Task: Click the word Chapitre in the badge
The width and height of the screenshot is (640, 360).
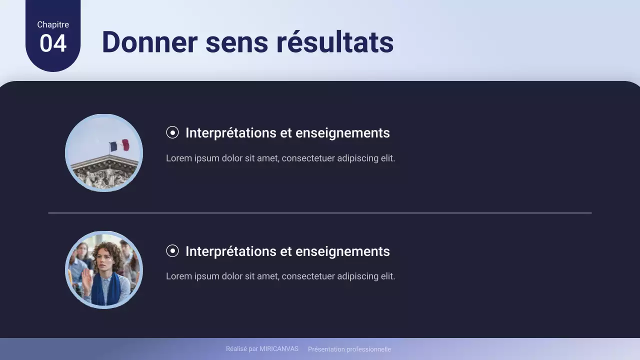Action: click(x=53, y=24)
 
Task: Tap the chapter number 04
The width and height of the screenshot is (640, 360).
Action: click(x=53, y=43)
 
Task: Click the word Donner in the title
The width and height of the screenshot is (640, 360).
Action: click(x=149, y=42)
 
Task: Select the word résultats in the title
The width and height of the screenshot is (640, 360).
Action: click(x=335, y=42)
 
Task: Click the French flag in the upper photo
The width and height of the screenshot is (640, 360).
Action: click(x=119, y=145)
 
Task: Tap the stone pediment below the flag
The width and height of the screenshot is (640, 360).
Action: click(x=104, y=173)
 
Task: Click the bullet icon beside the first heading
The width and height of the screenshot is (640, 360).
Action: click(x=172, y=132)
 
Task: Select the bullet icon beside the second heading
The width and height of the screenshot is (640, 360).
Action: click(x=172, y=251)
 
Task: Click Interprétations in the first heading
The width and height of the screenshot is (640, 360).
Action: click(x=231, y=133)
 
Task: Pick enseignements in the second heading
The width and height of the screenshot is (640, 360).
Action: click(x=342, y=251)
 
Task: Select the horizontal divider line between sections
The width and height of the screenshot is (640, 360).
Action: click(x=320, y=213)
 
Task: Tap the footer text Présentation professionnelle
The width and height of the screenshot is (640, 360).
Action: click(x=349, y=349)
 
